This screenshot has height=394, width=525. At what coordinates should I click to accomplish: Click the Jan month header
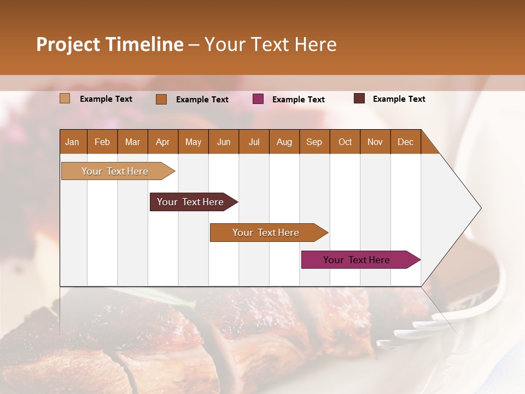point(73,142)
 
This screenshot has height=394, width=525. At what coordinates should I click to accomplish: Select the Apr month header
point(163,142)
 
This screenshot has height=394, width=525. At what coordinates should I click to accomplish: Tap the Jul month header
point(254,142)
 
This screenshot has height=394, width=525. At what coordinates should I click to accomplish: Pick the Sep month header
point(314,142)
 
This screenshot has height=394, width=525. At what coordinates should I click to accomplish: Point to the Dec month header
point(405,142)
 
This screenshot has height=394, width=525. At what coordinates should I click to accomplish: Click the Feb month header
point(102,142)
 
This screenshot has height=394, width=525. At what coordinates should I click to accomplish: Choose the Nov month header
point(375,142)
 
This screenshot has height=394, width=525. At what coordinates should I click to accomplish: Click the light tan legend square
point(65,99)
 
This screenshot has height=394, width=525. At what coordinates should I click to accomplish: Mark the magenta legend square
point(258,99)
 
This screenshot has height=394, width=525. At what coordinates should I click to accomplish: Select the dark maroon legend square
point(359,99)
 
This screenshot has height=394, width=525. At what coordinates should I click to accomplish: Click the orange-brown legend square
point(161,99)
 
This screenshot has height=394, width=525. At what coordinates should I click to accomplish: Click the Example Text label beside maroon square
point(399,99)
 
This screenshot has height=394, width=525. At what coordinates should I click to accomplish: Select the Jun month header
point(224,142)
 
